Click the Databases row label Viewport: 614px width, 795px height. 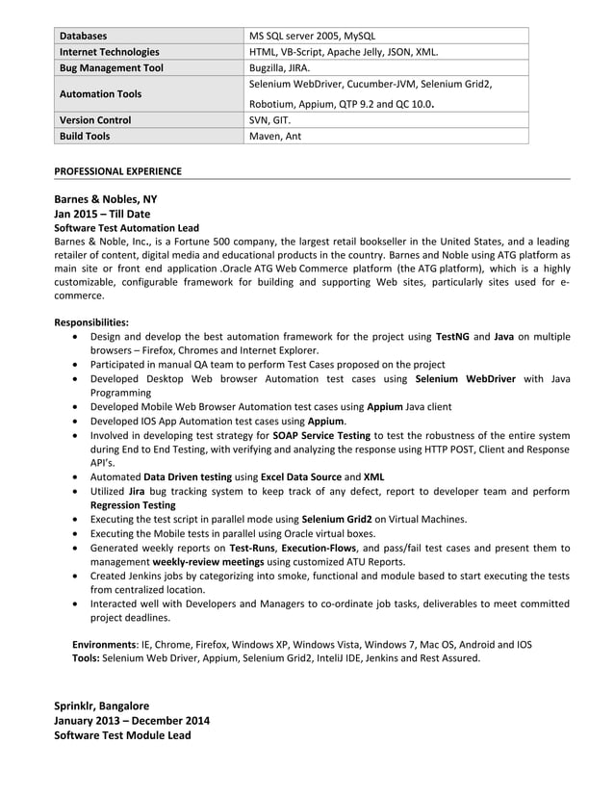(x=84, y=36)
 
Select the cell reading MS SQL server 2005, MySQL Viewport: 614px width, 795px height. (x=312, y=36)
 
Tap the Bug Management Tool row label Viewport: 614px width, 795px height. (x=112, y=68)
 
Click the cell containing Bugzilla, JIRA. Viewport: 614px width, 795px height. (x=280, y=68)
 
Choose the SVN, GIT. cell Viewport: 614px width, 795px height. (x=269, y=120)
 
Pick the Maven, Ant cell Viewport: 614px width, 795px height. (x=275, y=137)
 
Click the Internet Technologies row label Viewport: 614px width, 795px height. (x=110, y=52)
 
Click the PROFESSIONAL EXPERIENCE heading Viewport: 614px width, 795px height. (x=117, y=171)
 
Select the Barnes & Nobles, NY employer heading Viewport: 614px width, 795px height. (x=105, y=199)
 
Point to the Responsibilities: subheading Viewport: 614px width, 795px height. (x=91, y=322)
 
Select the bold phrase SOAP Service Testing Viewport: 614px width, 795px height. (x=321, y=435)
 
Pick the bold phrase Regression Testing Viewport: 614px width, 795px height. (x=133, y=504)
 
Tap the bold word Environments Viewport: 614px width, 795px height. (x=106, y=644)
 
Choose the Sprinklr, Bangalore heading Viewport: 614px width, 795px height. (x=102, y=705)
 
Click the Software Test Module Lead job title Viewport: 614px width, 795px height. (x=122, y=735)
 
